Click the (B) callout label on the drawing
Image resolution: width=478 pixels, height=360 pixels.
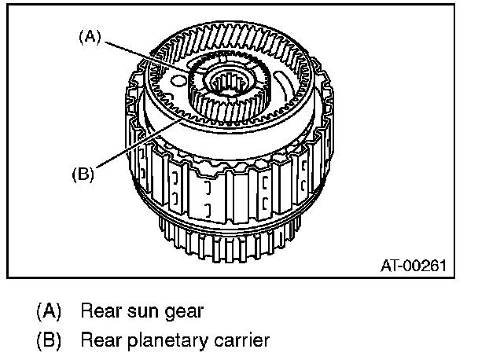click(83, 174)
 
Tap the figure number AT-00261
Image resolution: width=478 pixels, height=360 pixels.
click(414, 265)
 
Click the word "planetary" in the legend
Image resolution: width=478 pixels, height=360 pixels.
click(164, 341)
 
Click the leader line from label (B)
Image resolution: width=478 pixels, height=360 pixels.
click(134, 146)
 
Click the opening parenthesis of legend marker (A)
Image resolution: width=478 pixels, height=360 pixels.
click(39, 310)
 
